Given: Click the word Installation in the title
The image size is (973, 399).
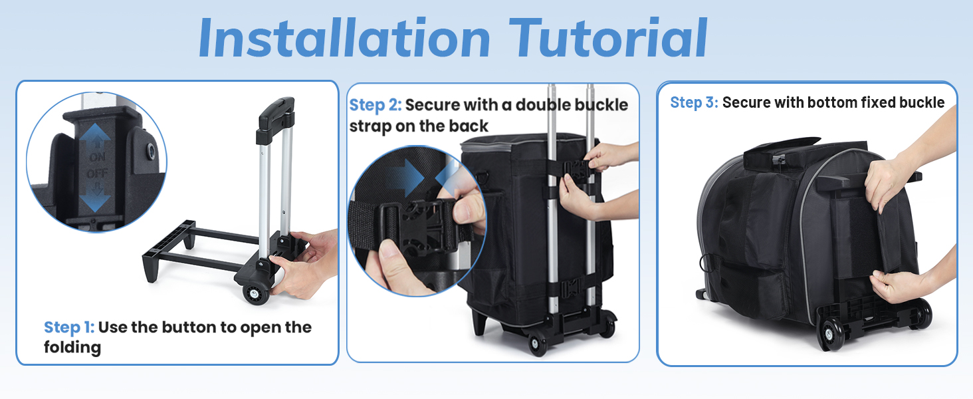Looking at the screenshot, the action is [x=344, y=38].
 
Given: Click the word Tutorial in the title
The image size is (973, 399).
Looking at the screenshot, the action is [x=608, y=38].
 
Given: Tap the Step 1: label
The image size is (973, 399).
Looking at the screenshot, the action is [x=69, y=328].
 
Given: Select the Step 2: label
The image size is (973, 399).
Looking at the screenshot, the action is [x=376, y=105].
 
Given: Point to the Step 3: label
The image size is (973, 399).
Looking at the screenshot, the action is [x=694, y=102].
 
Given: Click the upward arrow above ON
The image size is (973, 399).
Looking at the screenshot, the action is [x=95, y=136].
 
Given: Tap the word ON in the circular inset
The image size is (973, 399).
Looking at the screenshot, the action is [x=97, y=157].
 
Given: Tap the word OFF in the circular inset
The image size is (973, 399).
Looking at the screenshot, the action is [x=97, y=174].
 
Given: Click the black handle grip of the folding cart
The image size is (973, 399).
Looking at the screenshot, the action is [x=276, y=114].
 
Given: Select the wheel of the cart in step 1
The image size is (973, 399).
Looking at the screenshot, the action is [x=256, y=293].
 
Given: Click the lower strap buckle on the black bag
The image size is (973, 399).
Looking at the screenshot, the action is [x=570, y=288].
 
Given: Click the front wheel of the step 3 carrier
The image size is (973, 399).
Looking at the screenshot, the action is [x=831, y=333].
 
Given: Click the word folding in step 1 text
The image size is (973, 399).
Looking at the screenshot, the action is [x=72, y=348].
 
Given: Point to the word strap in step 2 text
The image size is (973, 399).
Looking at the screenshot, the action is [x=370, y=126].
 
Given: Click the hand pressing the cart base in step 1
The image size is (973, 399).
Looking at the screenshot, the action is [x=304, y=265].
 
